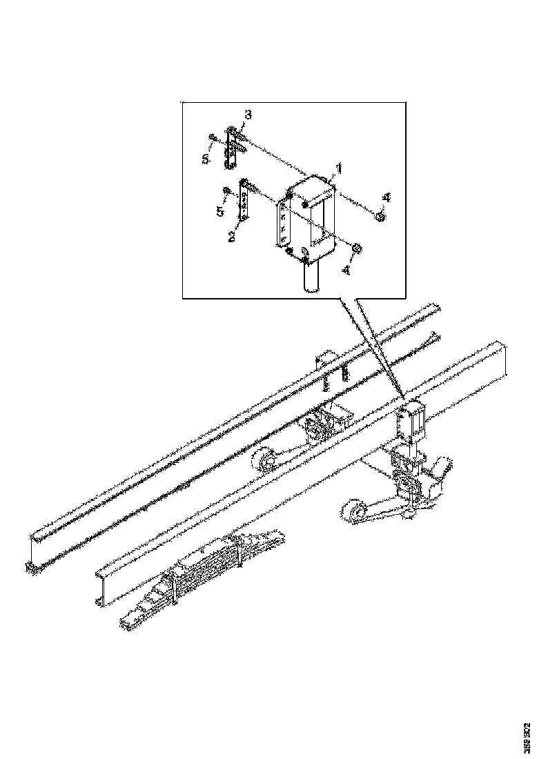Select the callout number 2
(233, 236)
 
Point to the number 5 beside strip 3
(206, 159)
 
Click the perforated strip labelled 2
(243, 200)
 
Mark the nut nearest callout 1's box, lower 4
(357, 247)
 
